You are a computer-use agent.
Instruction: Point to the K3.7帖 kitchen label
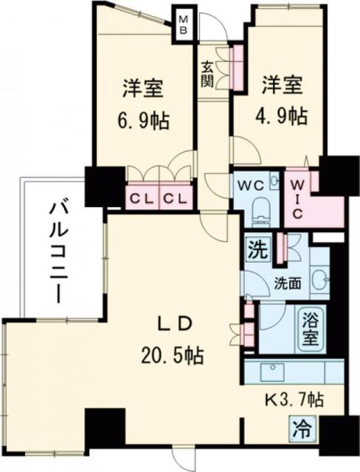[x=294, y=401]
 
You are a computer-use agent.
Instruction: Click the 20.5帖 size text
[x=174, y=356]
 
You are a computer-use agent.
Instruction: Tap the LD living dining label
[x=176, y=324]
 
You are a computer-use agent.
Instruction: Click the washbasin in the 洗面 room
[x=320, y=278]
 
